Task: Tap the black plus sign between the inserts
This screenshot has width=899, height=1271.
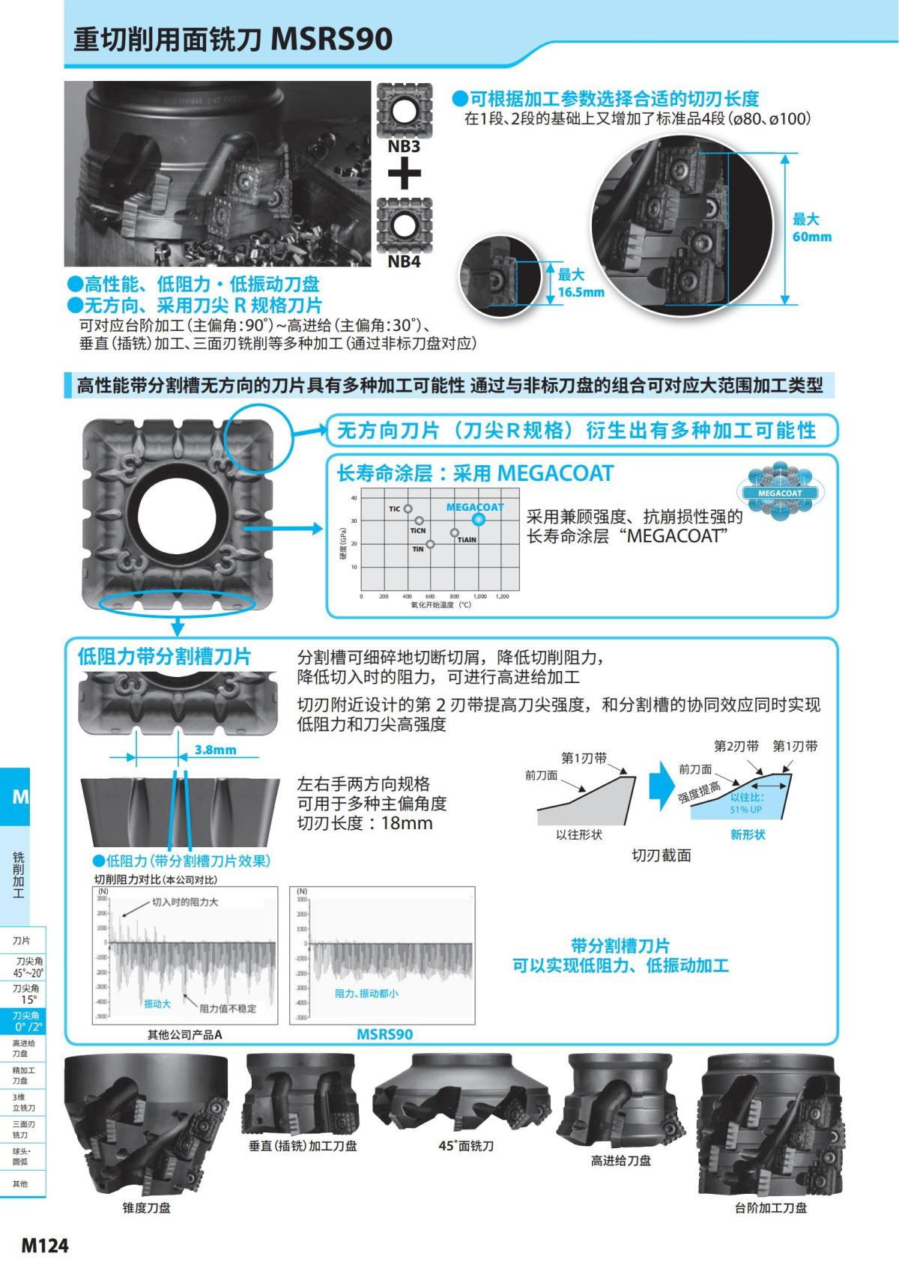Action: point(404,175)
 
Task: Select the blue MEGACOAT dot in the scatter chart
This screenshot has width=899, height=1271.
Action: point(478,519)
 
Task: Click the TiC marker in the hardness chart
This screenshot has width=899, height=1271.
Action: point(408,509)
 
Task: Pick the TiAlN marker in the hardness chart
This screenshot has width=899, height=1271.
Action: point(455,533)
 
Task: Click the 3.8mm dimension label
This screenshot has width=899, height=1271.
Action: point(215,750)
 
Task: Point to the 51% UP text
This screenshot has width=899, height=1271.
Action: point(746,810)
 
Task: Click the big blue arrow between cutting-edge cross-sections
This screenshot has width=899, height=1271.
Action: point(662,786)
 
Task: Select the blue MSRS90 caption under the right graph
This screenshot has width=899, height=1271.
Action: point(384,1034)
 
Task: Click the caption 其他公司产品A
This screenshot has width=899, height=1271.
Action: point(185,1034)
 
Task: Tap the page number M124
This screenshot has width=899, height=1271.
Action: point(45,1246)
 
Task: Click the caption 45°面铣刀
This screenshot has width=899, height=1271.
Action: point(466,1146)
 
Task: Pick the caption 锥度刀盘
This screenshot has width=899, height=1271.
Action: point(147,1207)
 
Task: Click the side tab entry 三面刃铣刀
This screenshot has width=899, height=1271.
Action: point(22,1129)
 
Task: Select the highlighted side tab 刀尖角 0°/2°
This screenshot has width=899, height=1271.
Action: point(27,1021)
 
